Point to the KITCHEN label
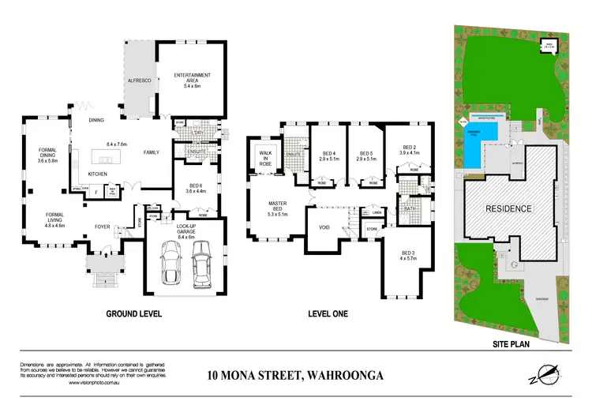(x=98, y=174)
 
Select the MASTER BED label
(x=276, y=208)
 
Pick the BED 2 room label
(x=409, y=149)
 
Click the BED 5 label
(x=365, y=156)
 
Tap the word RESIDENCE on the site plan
(x=508, y=208)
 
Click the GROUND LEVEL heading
(x=134, y=313)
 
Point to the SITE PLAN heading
(x=510, y=344)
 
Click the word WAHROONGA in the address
(x=344, y=375)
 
